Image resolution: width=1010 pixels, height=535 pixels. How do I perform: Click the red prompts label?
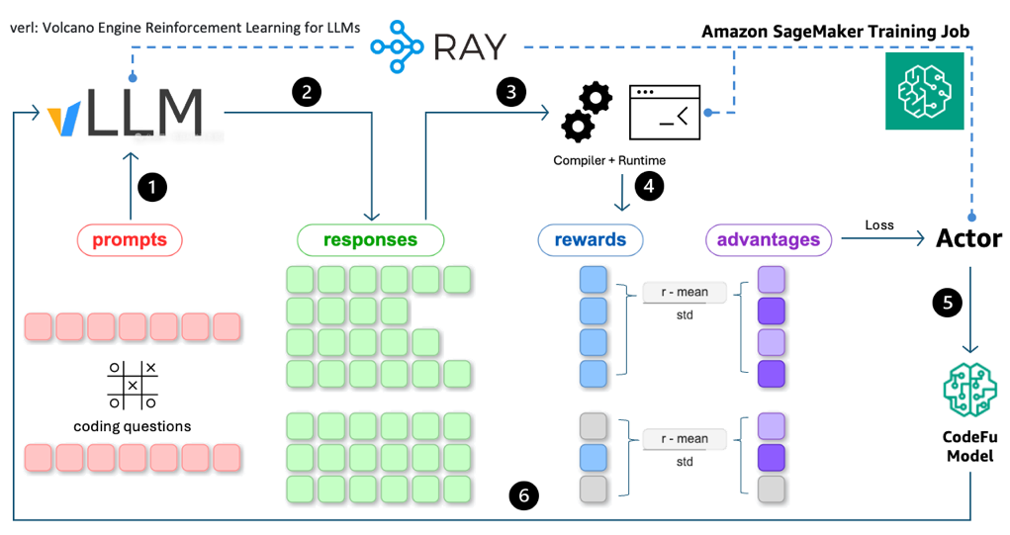coord(130,240)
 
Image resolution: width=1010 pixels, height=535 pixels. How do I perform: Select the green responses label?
coord(371,240)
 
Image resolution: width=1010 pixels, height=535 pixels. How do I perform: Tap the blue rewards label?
coord(591,239)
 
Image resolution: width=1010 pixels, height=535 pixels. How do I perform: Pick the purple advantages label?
coord(769,239)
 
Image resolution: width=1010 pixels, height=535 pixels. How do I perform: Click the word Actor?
coord(969,238)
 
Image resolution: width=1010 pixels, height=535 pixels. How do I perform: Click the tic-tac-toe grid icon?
coord(133,385)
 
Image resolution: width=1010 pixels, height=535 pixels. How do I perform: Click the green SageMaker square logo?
coord(925,91)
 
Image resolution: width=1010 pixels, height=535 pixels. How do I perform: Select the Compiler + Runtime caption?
coord(609,160)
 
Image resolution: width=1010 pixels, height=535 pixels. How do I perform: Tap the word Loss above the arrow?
coord(878,225)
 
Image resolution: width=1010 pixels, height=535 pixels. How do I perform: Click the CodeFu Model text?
coord(969,447)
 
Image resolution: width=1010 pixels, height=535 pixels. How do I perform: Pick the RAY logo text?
coord(470,45)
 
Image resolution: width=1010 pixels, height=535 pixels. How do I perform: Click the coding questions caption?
coord(133,426)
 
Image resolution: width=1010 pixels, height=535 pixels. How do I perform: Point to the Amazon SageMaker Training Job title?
coord(835,32)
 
